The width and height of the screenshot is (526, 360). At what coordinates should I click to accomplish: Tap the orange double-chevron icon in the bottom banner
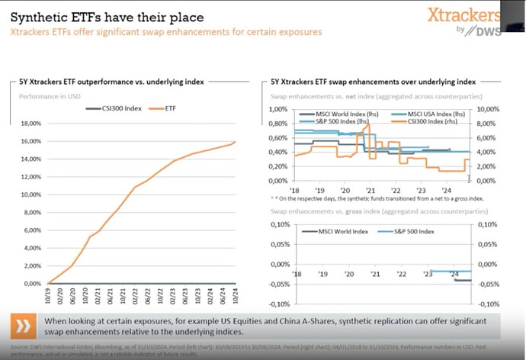point(24,327)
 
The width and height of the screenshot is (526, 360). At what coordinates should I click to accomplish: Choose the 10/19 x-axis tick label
point(47,294)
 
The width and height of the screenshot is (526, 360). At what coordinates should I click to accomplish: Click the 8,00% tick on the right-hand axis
point(488,123)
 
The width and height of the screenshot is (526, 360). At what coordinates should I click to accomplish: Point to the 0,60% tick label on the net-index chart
point(281,137)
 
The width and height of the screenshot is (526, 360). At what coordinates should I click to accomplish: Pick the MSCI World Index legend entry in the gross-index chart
point(337,231)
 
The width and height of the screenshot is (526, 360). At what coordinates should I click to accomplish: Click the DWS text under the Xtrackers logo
point(471,31)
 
